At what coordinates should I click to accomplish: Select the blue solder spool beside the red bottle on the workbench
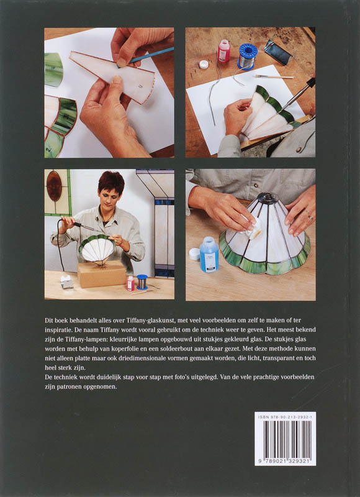click(x=248, y=56)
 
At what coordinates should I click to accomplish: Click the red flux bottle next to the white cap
click(x=223, y=51)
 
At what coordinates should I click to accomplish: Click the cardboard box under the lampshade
click(x=102, y=274)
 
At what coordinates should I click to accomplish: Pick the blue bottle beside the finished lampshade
click(x=209, y=254)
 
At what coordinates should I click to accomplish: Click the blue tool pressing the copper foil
click(x=149, y=56)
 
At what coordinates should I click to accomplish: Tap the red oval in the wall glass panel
click(x=54, y=186)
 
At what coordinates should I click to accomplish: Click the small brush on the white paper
click(x=274, y=76)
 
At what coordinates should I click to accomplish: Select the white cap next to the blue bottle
click(x=194, y=254)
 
